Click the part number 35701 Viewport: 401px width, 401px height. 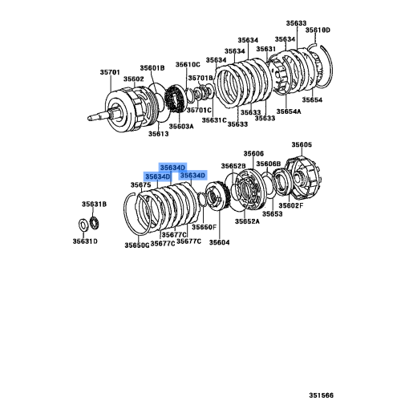click(110, 72)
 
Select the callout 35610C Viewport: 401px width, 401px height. click(188, 64)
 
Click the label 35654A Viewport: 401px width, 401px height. click(290, 112)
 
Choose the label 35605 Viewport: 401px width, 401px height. click(302, 144)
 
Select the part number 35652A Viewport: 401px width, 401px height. click(247, 221)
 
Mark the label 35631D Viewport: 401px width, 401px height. click(87, 240)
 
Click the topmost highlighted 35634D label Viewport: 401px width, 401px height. click(172, 166)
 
